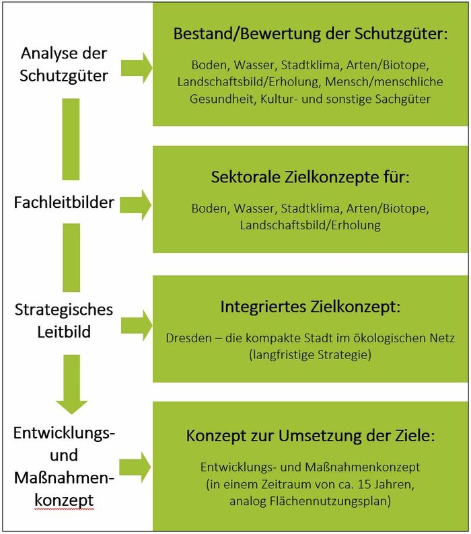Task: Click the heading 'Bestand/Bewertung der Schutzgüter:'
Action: pos(310,34)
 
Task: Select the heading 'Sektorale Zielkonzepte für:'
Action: pos(310,178)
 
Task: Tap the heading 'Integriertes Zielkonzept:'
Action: pos(310,307)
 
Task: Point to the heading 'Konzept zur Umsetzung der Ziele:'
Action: pos(310,436)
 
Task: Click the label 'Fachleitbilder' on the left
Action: pos(64,202)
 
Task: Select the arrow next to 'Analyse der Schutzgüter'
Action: pos(137,68)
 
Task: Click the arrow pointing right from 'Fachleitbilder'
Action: pos(136,205)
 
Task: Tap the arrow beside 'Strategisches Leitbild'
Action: pos(137,326)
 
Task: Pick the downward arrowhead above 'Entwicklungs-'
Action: pos(71,408)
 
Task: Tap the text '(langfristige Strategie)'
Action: pos(310,355)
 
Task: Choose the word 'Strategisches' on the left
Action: pos(64,310)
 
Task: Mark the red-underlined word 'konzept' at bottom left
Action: pos(64,500)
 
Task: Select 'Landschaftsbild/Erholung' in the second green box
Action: pos(310,225)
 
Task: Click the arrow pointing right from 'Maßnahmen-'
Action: pos(135,467)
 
